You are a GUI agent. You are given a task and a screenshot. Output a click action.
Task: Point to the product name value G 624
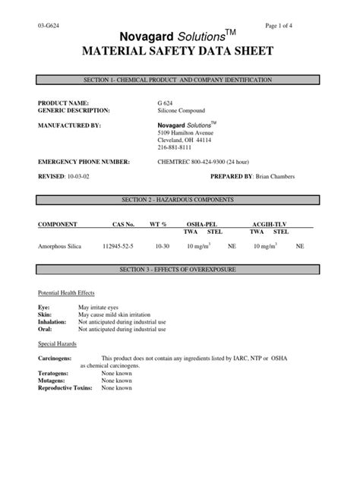coord(155,102)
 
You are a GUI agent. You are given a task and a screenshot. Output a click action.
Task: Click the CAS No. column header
coord(119,225)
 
